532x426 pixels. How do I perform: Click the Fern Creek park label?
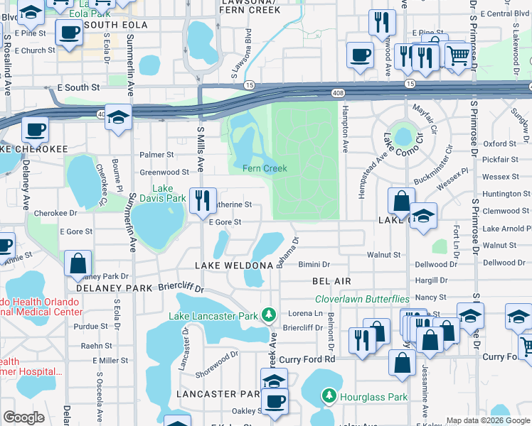coord(265,168)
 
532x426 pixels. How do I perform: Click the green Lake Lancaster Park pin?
coord(268,314)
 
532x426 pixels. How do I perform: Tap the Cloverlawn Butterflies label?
coord(362,299)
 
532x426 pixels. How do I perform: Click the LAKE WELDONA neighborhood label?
coord(234,266)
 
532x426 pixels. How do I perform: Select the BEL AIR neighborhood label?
coord(332,281)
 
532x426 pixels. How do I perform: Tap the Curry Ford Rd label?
coord(307,360)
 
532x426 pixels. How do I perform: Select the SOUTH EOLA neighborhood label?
coord(115,25)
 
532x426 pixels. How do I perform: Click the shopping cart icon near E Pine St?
coord(457,55)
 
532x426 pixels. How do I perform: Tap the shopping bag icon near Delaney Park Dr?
coord(78,262)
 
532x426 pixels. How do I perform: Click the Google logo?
coord(23,417)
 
